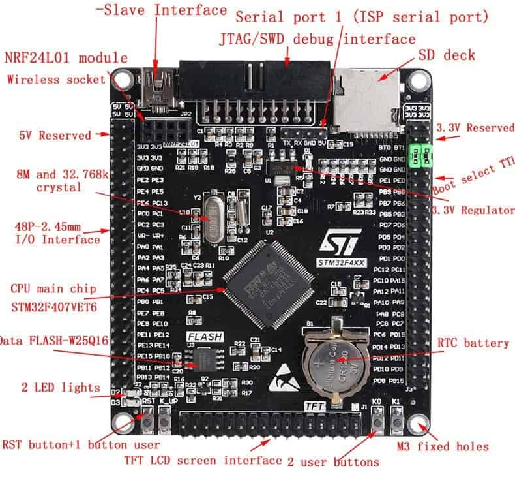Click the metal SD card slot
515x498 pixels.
click(x=370, y=98)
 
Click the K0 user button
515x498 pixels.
click(x=377, y=420)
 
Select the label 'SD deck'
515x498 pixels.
click(x=447, y=55)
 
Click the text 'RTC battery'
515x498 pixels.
click(x=473, y=343)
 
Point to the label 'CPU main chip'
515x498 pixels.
click(x=53, y=288)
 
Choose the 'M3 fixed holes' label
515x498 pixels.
click(x=443, y=446)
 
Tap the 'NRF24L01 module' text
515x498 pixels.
click(x=66, y=57)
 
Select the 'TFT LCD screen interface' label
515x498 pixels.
click(x=203, y=460)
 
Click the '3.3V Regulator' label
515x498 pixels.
click(x=474, y=210)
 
